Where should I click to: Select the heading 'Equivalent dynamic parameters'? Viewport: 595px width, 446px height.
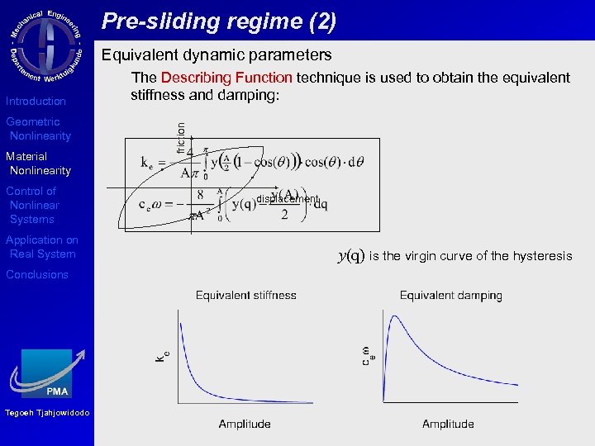216,55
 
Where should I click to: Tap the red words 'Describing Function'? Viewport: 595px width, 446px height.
226,78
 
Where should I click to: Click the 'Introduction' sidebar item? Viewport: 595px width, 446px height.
36,102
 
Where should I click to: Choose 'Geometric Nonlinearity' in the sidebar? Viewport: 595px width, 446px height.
39,129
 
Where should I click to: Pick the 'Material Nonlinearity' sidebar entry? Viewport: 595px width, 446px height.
39,164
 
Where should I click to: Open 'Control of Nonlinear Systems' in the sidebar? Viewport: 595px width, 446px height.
34,205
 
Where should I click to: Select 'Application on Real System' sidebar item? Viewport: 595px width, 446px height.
42,247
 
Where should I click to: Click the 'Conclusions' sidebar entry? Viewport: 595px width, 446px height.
37,275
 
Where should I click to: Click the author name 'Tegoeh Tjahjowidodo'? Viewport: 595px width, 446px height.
46,413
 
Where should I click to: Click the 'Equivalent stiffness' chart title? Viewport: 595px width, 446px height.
245,295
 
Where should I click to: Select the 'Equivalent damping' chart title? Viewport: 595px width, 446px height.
450,295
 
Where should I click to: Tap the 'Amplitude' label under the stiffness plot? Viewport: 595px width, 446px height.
245,424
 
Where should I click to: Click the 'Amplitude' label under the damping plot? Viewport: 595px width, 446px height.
448,424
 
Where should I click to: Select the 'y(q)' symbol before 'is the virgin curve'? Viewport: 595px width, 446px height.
351,255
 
